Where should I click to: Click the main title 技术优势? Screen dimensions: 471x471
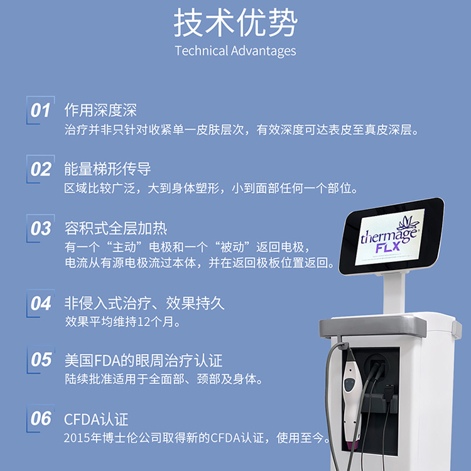(x=235, y=24)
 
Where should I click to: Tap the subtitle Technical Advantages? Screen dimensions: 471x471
(x=235, y=51)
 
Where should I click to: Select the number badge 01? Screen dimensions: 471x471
(x=41, y=111)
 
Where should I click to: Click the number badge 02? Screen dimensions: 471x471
(x=41, y=169)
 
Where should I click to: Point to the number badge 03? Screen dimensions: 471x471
(x=41, y=228)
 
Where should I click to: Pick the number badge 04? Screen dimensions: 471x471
(x=41, y=303)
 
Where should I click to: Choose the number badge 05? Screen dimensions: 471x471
(x=41, y=360)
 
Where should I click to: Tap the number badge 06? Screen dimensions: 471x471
(x=41, y=418)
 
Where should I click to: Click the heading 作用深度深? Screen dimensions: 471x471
(x=100, y=111)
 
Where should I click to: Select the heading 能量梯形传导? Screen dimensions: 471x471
(x=107, y=169)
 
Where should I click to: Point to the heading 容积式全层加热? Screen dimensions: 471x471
(x=116, y=227)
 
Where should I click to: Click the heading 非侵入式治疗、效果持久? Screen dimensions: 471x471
(x=144, y=303)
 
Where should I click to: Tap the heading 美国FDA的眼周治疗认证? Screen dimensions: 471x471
(x=143, y=360)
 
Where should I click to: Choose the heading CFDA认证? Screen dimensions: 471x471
(x=96, y=419)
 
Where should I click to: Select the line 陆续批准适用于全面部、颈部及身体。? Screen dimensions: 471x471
(x=164, y=379)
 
